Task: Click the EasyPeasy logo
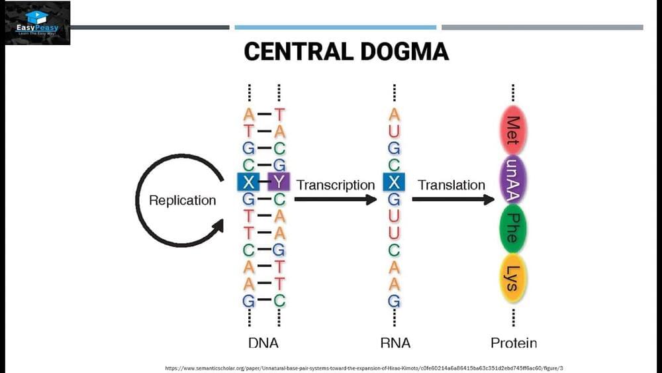38,23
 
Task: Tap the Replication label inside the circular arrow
182,200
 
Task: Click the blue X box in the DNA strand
248,181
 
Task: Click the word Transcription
336,185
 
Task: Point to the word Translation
451,185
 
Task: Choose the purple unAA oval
512,179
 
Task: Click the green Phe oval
512,228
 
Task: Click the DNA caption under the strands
263,343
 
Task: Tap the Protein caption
513,343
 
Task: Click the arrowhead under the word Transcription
370,199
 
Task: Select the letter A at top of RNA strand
394,114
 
